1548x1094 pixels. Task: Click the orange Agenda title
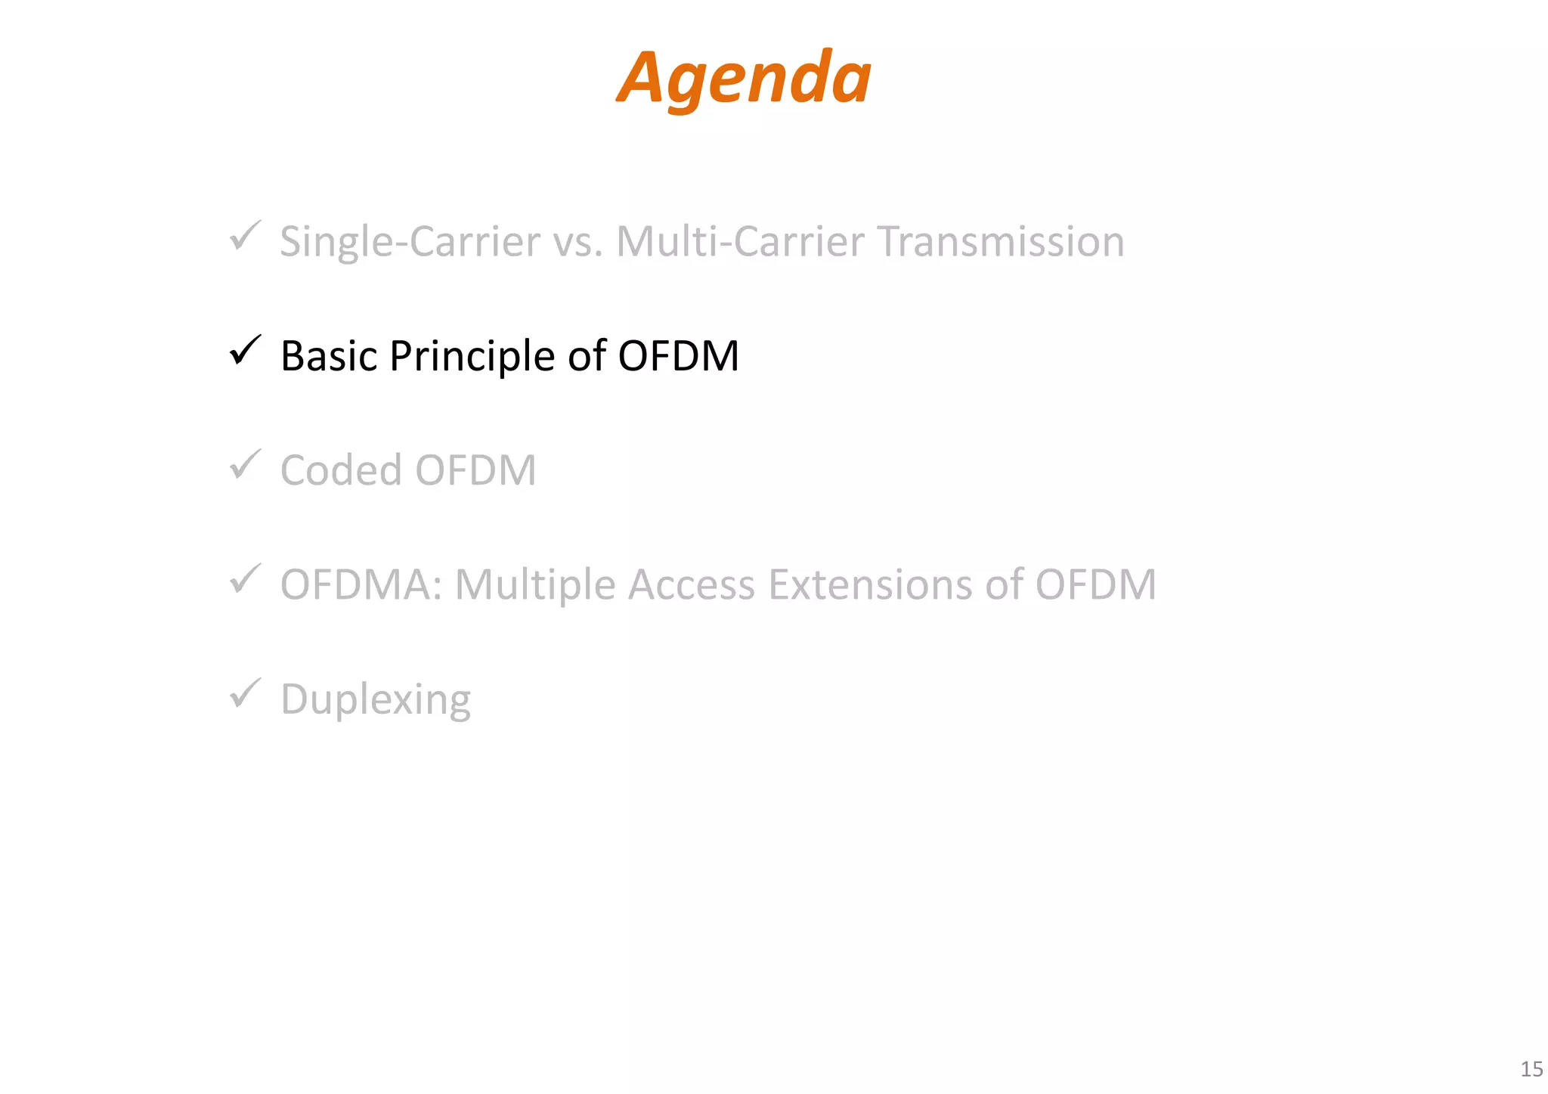point(744,78)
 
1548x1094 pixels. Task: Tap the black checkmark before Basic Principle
point(245,351)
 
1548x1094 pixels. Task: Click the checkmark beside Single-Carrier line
point(245,237)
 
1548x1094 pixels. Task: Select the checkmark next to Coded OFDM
point(245,465)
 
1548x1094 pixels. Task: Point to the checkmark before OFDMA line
point(245,580)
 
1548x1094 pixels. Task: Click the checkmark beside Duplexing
point(245,694)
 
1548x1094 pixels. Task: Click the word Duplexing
point(375,699)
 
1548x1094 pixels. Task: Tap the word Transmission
point(1001,242)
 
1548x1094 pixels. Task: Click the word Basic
point(328,356)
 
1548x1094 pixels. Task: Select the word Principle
point(472,356)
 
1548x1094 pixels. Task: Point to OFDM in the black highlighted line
point(678,356)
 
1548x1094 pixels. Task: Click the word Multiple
point(535,585)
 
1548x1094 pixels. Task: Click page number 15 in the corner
point(1531,1069)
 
